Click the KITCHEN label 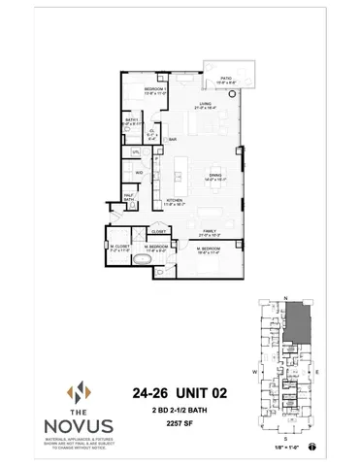pyautogui.click(x=174, y=201)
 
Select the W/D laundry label pyautogui.click(x=140, y=173)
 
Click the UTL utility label pyautogui.click(x=136, y=152)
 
